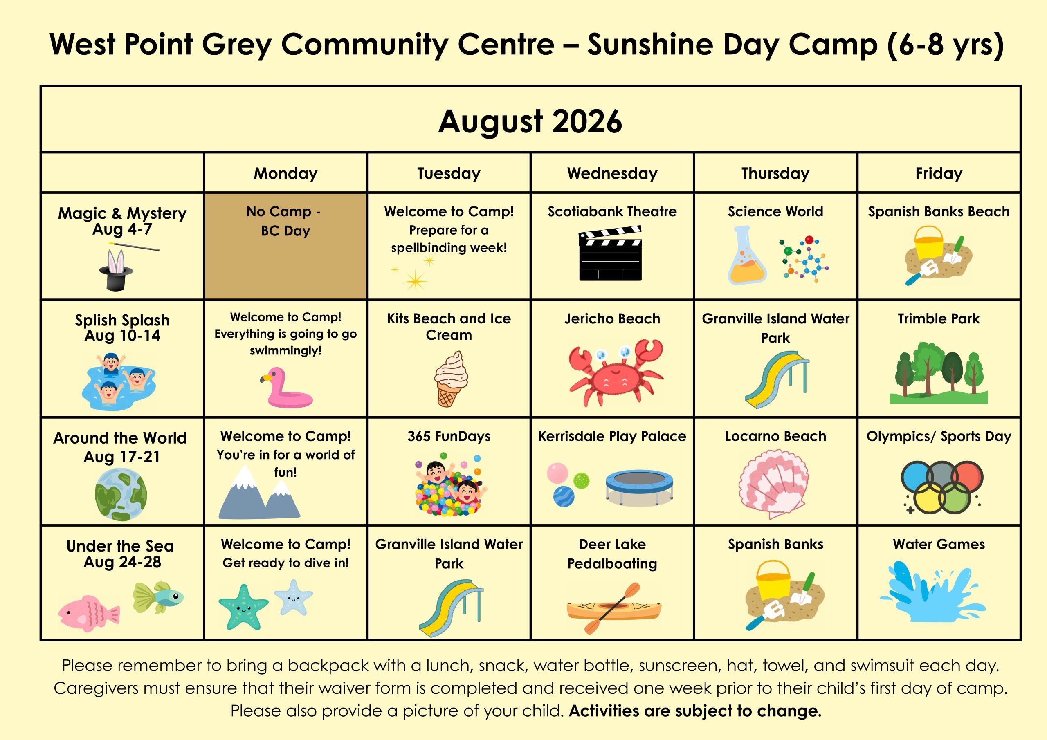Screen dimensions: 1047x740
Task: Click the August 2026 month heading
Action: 530,121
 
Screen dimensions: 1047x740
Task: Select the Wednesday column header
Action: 612,173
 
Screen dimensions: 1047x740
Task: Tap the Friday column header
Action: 939,173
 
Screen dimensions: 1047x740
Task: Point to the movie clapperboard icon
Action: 611,253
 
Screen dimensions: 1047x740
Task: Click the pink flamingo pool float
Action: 286,388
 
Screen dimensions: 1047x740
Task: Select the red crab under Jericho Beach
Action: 616,372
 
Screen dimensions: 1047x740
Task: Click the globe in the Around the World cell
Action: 121,495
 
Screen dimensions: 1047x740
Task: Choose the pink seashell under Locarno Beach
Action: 774,484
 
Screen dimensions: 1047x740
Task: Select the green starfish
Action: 243,607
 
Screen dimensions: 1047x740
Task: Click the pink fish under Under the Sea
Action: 88,613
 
